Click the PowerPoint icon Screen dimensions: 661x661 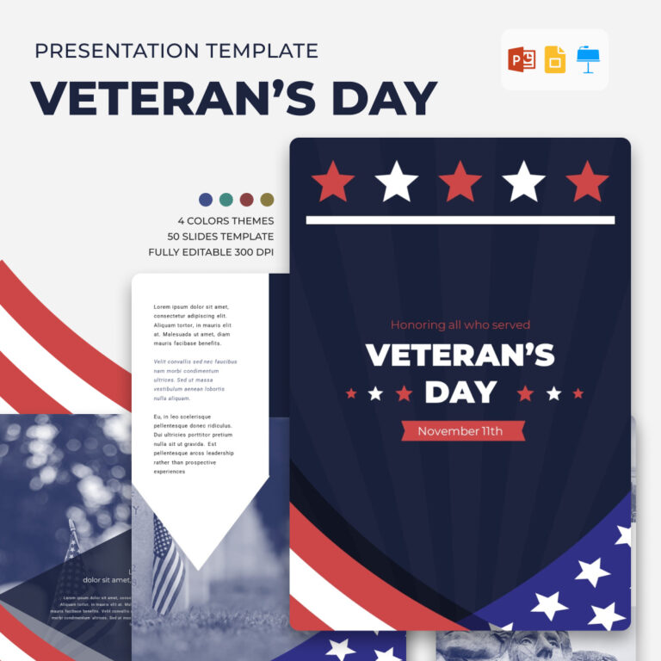522,59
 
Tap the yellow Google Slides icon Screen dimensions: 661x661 555,59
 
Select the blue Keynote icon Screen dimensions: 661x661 589,59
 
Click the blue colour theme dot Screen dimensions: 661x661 206,200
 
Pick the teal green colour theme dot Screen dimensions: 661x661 226,200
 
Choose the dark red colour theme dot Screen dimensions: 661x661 247,200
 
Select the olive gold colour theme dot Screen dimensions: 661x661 268,200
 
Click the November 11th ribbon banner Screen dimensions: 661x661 460,431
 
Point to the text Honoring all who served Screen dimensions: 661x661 460,325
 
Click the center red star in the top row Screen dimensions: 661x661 460,182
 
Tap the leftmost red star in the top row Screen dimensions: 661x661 333,182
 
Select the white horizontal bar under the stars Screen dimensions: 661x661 460,219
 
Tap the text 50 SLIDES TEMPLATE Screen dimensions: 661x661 221,237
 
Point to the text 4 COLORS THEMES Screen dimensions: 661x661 225,220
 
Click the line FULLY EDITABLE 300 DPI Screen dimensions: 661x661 211,252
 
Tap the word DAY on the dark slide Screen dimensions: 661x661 460,392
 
